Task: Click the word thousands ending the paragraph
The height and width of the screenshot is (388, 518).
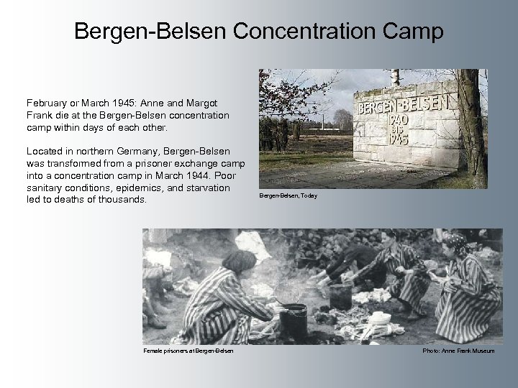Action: pyautogui.click(x=123, y=199)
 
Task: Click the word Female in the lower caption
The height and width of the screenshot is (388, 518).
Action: pyautogui.click(x=153, y=350)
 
